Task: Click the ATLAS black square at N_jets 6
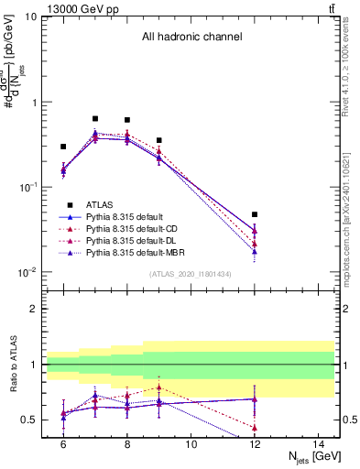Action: tap(63, 147)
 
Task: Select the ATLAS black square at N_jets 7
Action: tap(95, 118)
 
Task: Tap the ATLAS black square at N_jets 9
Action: tap(159, 140)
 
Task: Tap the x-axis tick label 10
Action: tap(191, 444)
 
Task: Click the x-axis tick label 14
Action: tap(319, 444)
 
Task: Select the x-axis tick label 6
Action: tap(63, 444)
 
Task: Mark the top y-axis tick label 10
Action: tap(29, 17)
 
